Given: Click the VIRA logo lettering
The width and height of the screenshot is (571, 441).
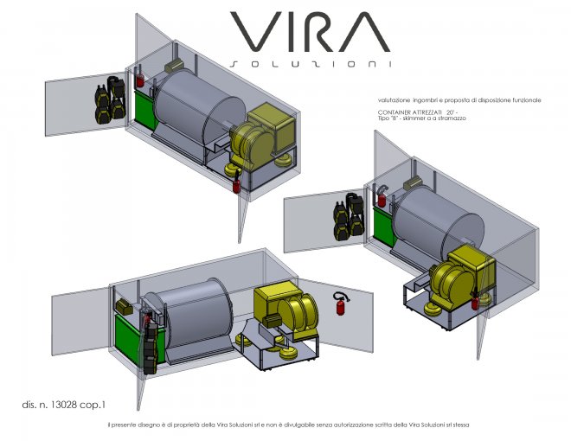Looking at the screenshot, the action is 310,32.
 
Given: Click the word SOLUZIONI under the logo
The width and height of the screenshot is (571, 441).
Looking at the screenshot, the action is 311,64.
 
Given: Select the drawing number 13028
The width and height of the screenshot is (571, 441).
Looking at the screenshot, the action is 63,405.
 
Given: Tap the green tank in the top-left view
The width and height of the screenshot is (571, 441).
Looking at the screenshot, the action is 145,109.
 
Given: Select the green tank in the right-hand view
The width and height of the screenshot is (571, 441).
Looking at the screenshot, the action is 384,226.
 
